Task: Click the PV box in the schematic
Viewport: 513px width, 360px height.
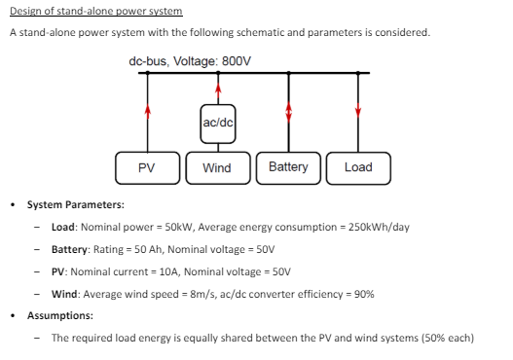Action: [146, 167]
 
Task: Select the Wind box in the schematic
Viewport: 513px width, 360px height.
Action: [216, 167]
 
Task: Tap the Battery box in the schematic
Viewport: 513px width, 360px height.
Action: [288, 167]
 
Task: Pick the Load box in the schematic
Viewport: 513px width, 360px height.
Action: [358, 167]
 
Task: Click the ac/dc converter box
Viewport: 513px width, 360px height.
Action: [218, 122]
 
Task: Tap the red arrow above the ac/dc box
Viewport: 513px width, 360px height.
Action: [218, 92]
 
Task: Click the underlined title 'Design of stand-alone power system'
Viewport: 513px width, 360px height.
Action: [95, 12]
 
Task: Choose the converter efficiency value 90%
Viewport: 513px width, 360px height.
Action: [362, 294]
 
